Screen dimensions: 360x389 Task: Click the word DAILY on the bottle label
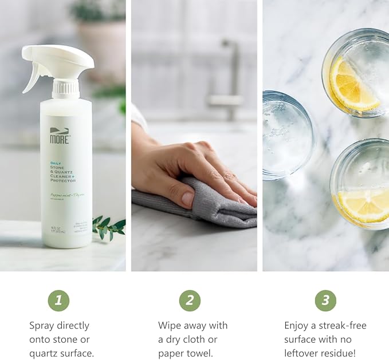[56, 163]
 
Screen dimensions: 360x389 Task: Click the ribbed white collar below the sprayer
[65, 88]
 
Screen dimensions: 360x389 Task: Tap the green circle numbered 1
[58, 300]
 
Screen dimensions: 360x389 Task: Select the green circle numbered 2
[190, 300]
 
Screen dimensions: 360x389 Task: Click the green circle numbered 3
[325, 300]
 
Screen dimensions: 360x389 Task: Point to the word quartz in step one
[44, 353]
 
